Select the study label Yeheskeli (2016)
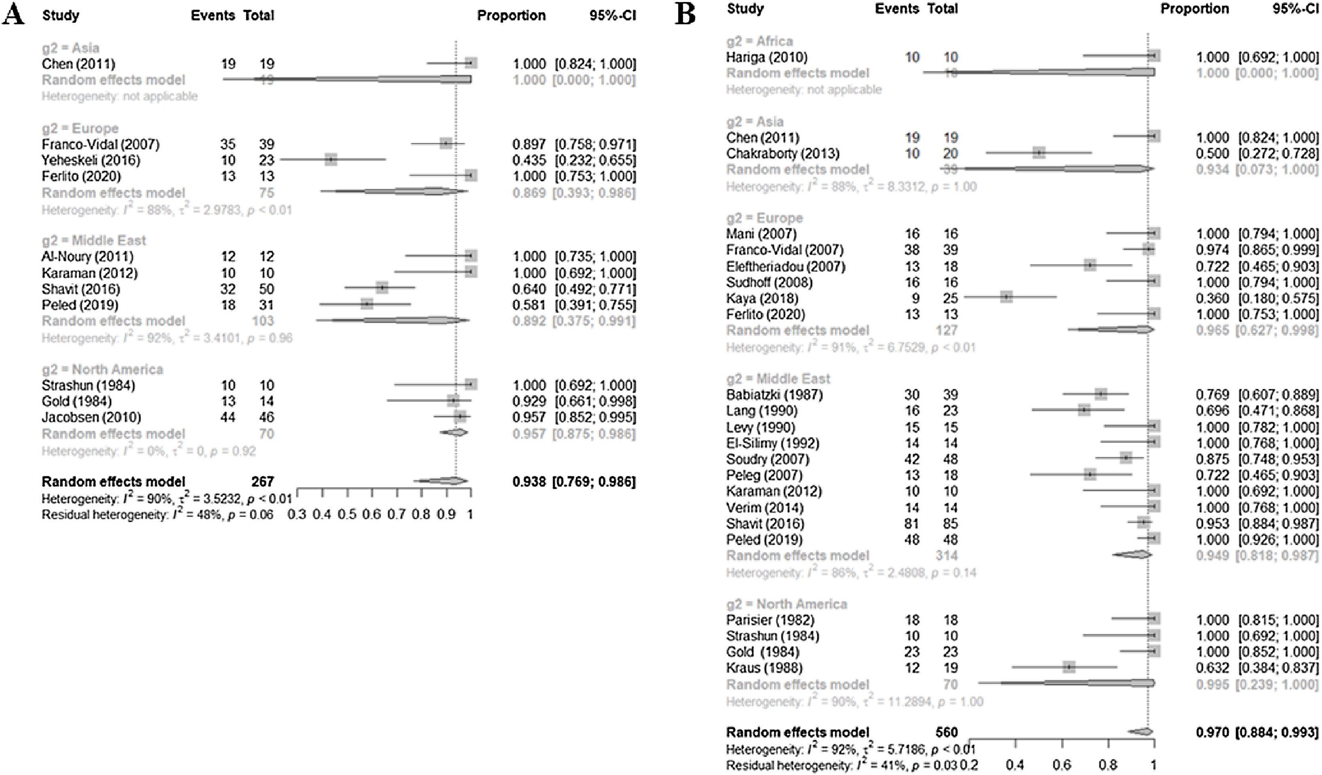tap(91, 160)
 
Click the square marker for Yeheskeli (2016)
tap(330, 159)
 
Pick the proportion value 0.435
tap(529, 160)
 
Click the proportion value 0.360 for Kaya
tap(1212, 298)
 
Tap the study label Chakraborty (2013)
tap(783, 153)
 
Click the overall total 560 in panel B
tap(946, 732)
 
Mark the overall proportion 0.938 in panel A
tap(529, 481)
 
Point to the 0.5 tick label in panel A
tap(347, 514)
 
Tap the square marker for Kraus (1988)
tap(1069, 667)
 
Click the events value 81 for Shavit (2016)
tap(912, 523)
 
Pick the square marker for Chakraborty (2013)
tap(1039, 153)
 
